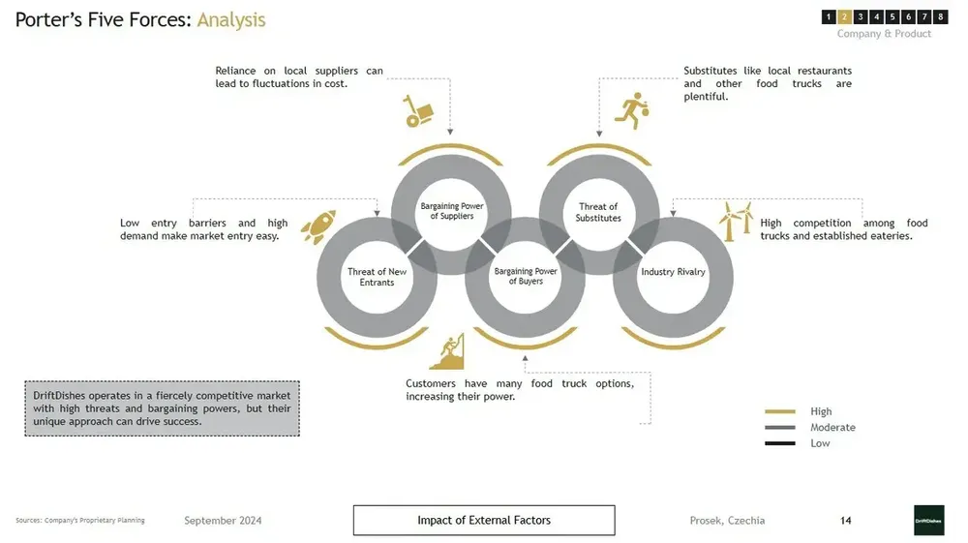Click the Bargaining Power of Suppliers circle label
[452, 211]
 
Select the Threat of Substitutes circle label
[598, 212]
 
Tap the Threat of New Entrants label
[378, 277]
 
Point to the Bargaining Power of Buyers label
[526, 277]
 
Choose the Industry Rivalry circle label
[673, 272]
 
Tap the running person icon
[634, 112]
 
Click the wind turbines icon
[735, 221]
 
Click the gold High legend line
[779, 412]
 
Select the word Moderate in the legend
[832, 428]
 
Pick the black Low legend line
[779, 443]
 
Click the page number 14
[846, 521]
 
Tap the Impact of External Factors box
[484, 521]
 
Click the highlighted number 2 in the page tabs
[844, 16]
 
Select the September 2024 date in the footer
[223, 521]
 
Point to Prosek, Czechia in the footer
[727, 521]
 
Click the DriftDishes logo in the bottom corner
[928, 520]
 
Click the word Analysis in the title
[231, 19]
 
